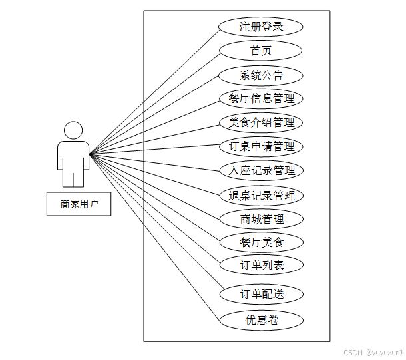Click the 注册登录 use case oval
(261, 27)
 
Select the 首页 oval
(261, 51)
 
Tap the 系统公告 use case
(261, 75)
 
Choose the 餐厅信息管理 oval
(261, 98)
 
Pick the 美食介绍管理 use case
(261, 122)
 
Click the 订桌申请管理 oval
(261, 146)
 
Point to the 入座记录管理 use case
(261, 170)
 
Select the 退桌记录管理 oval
(261, 196)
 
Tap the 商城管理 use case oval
(261, 218)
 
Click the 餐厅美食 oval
(261, 242)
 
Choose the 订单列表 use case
(261, 265)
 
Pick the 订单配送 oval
(261, 294)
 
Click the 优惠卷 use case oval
(261, 320)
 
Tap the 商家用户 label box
(79, 204)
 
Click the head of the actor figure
(73, 130)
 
